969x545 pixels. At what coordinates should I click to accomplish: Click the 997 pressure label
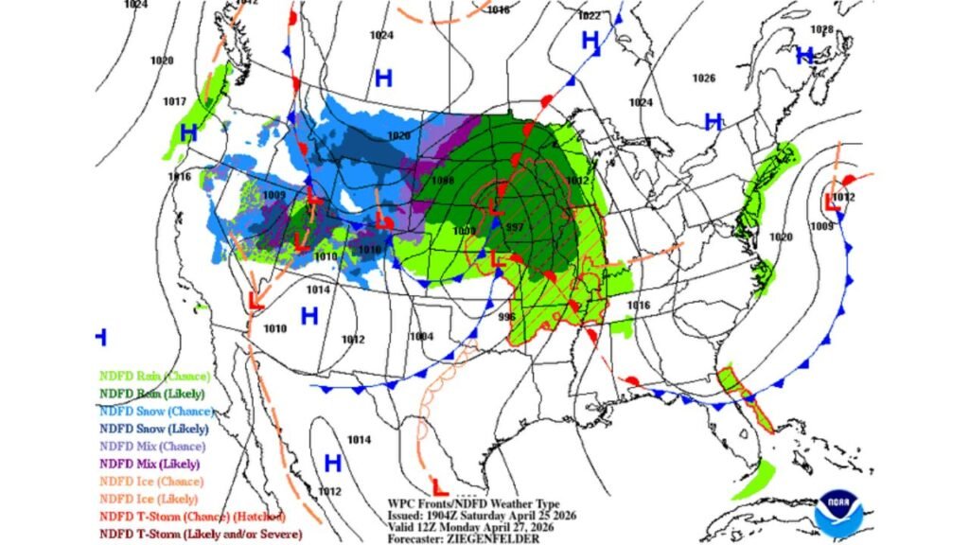click(x=515, y=228)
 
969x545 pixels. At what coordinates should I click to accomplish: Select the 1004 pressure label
click(x=421, y=337)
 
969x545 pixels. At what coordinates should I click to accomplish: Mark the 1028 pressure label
click(x=821, y=29)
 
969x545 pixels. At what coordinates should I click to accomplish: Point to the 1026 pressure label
click(x=704, y=78)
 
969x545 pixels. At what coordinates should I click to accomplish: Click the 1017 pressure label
click(x=174, y=101)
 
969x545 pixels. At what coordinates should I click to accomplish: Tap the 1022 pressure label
click(x=589, y=15)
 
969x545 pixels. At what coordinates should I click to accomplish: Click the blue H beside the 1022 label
click(x=590, y=40)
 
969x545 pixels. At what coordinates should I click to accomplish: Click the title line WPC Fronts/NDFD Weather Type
click(x=473, y=503)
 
